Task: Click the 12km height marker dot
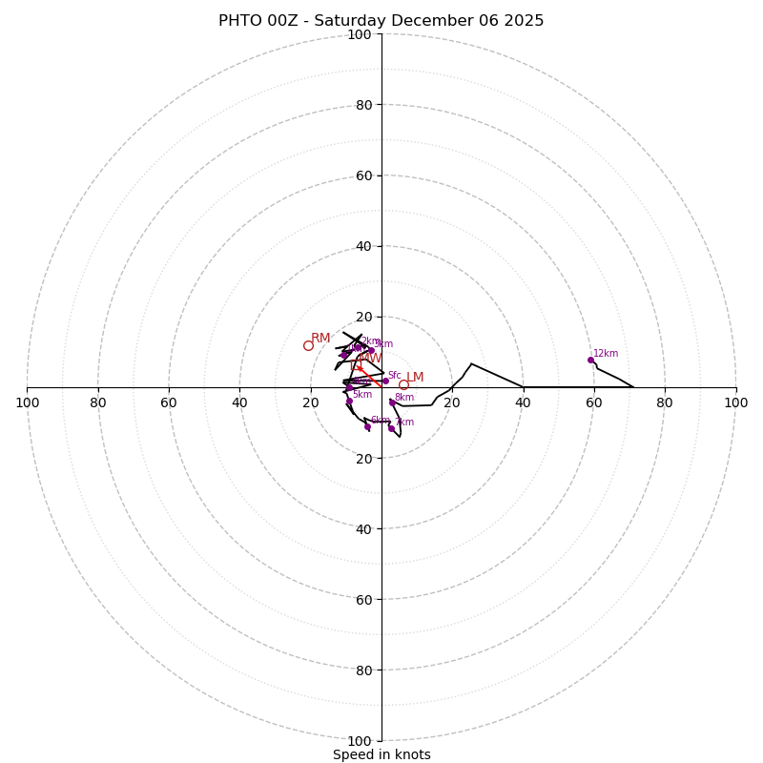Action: (590, 360)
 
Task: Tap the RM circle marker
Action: (308, 345)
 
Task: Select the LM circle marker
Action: (403, 385)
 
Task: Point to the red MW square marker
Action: (361, 359)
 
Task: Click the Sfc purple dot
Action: (385, 381)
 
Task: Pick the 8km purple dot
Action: (392, 402)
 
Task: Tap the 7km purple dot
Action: (391, 428)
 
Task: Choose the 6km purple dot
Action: (367, 426)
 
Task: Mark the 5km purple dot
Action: (349, 401)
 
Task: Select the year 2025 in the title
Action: (524, 21)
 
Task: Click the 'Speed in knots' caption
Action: (381, 754)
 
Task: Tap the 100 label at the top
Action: (360, 34)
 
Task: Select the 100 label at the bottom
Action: (360, 740)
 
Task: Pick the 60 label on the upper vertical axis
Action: (363, 175)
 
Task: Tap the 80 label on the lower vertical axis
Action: (363, 670)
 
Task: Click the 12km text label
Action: (606, 354)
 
